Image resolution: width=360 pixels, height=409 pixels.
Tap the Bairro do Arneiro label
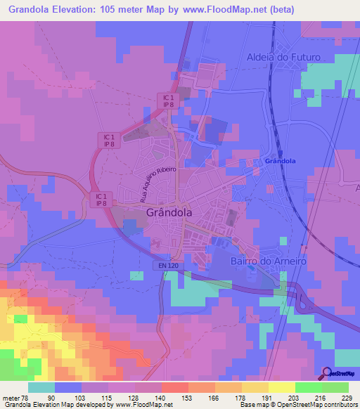[x=269, y=261]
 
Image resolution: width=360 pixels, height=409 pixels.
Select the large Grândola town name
[x=169, y=212]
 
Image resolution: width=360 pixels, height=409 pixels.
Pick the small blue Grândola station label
[x=281, y=161]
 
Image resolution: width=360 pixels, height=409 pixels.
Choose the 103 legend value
[x=81, y=398]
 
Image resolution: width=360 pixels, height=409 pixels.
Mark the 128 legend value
[x=134, y=398]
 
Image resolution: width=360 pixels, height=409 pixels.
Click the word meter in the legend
[x=12, y=398]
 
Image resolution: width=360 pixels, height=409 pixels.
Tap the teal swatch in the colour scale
[x=41, y=387]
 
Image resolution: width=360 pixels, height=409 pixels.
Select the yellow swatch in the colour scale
[x=282, y=387]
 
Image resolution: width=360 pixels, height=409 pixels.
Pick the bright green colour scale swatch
[x=309, y=387]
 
